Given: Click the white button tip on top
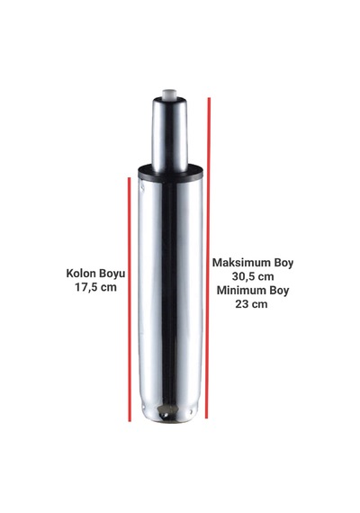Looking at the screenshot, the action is pos(169,94).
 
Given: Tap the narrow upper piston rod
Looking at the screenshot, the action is pos(169,134).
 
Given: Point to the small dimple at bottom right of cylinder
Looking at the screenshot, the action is pos(190,413).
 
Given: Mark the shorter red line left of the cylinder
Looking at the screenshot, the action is pos(130,300).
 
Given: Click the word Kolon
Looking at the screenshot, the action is pos(79,274).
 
